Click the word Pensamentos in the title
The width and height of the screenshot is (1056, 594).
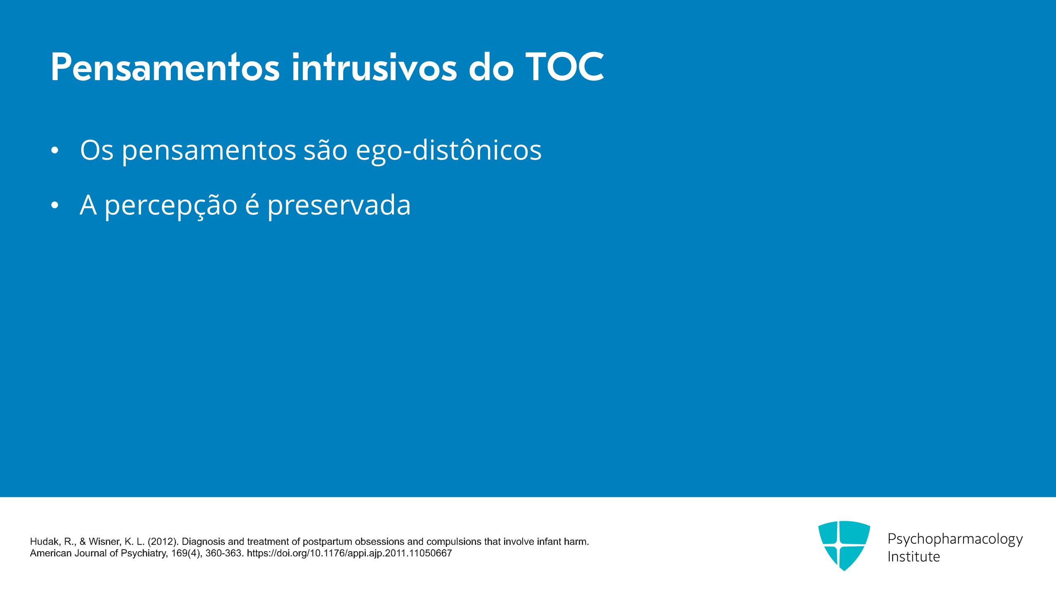165,67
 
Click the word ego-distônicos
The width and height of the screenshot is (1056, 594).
448,150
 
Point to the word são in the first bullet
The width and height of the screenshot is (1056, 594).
325,150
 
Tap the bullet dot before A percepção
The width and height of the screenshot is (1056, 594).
55,205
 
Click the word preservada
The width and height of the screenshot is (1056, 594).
339,205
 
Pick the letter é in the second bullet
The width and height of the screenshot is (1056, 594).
252,205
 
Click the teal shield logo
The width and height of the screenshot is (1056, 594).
844,545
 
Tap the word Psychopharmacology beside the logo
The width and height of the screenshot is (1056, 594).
955,539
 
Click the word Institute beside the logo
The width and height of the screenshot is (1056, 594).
914,557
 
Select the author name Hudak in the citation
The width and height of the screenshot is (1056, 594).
45,542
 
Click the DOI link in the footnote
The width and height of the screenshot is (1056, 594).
349,553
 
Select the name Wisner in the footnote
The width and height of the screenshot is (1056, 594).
104,542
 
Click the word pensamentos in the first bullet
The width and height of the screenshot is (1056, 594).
209,151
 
